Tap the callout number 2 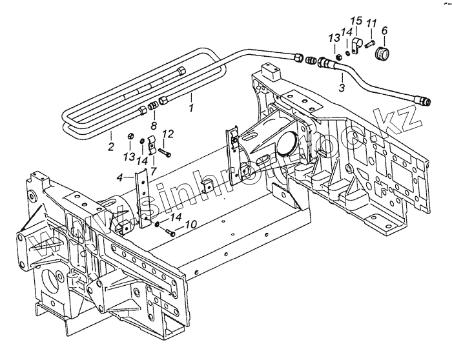pyautogui.click(x=111, y=147)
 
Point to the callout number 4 pyautogui.click(x=119, y=176)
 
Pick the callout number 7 pyautogui.click(x=153, y=170)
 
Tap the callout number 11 pyautogui.click(x=371, y=25)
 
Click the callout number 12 pyautogui.click(x=168, y=134)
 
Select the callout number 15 pyautogui.click(x=358, y=19)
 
